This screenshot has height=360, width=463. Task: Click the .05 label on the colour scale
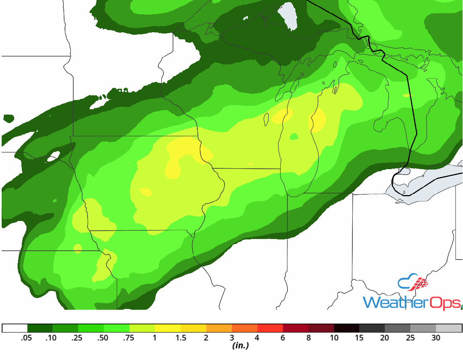pyautogui.click(x=27, y=338)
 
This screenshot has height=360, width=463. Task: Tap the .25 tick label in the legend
pyautogui.click(x=78, y=338)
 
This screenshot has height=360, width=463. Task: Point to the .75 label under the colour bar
pyautogui.click(x=129, y=338)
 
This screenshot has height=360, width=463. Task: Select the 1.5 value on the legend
pyautogui.click(x=181, y=338)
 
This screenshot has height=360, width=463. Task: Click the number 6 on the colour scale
pyautogui.click(x=283, y=338)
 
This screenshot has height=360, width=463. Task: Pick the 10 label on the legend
pyautogui.click(x=334, y=338)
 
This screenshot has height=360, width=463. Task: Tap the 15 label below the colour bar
pyautogui.click(x=360, y=338)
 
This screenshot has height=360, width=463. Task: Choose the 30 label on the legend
pyautogui.click(x=436, y=338)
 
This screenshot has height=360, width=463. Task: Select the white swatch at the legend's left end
pyautogui.click(x=15, y=328)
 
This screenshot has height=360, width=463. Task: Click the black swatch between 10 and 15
pyautogui.click(x=347, y=328)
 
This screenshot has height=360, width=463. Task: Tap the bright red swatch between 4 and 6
pyautogui.click(x=270, y=328)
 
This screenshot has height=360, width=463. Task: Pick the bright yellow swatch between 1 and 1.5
pyautogui.click(x=168, y=328)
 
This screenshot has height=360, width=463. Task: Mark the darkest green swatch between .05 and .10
pyautogui.click(x=40, y=328)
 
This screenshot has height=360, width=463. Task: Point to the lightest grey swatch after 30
pyautogui.click(x=449, y=328)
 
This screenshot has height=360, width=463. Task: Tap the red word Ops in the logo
pyautogui.click(x=445, y=302)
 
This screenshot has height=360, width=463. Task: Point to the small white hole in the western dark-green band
pyautogui.click(x=51, y=159)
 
